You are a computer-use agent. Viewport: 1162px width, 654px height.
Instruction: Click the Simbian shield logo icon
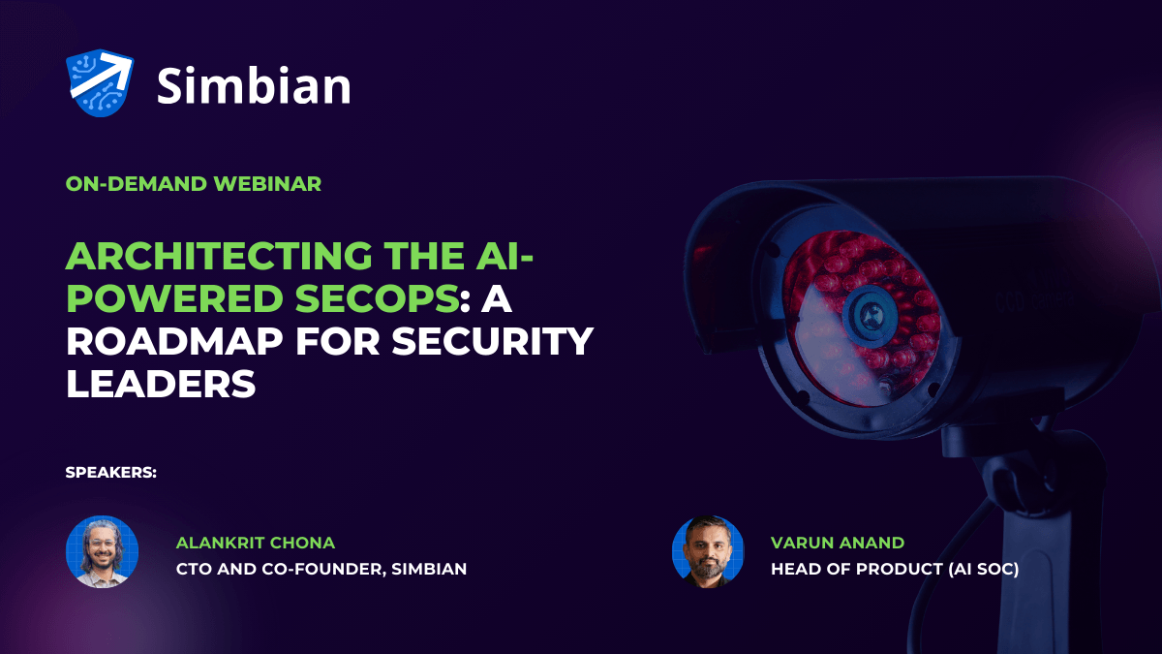[x=100, y=83]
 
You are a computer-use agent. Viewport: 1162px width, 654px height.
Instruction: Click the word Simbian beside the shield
[x=254, y=85]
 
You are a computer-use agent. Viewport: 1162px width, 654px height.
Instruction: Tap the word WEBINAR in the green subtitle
[x=267, y=184]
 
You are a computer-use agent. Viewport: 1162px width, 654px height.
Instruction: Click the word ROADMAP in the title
[x=175, y=341]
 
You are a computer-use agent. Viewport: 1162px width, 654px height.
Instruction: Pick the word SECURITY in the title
[x=492, y=341]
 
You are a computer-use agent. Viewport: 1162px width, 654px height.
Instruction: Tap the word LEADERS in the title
[x=161, y=384]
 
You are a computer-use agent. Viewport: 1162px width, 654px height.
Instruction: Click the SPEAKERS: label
[x=111, y=473]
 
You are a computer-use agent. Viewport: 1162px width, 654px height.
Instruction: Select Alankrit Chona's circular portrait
[x=103, y=551]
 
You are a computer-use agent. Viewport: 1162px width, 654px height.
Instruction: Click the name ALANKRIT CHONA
[x=256, y=543]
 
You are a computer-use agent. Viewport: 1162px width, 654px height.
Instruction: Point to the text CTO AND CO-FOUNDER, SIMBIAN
[x=321, y=569]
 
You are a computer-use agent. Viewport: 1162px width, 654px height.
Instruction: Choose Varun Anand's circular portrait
[x=708, y=551]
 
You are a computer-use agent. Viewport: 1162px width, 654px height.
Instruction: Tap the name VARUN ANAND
[x=838, y=543]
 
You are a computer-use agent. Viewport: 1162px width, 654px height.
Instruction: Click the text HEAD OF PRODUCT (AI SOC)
[x=895, y=569]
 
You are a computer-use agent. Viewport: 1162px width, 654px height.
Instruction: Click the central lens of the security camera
[x=871, y=315]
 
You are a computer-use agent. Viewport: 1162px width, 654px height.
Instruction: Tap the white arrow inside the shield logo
[x=101, y=76]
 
